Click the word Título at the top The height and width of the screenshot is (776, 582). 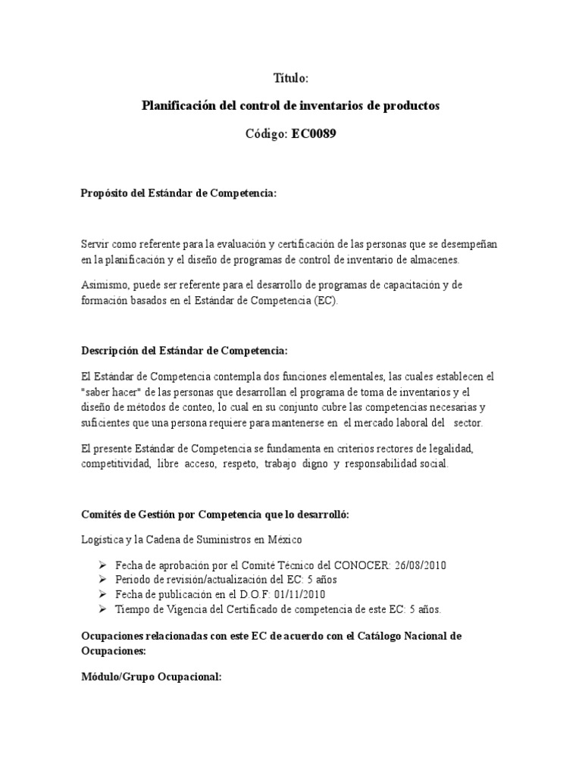(290, 78)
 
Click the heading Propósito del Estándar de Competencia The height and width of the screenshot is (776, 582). (179, 194)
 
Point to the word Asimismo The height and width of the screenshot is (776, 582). (105, 286)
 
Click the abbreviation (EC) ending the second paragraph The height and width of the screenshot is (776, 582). (330, 301)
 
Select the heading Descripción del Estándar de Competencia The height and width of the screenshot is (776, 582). (184, 351)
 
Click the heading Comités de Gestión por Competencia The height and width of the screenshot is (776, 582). (214, 515)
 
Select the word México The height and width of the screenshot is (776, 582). (283, 540)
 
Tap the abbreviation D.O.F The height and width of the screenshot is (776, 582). (258, 594)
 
